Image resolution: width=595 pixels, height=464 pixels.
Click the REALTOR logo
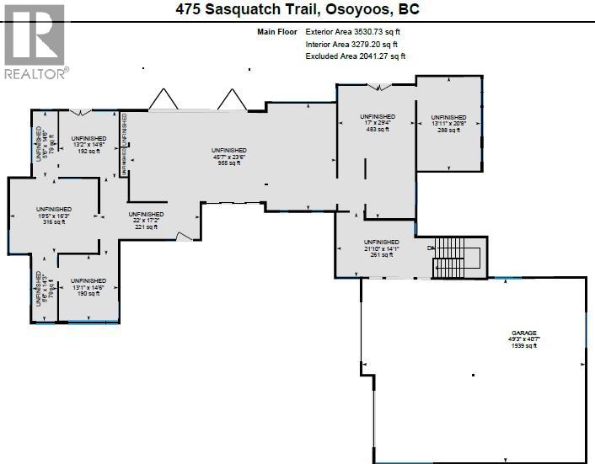tap(35, 41)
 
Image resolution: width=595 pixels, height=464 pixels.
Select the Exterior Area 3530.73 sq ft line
tap(355, 31)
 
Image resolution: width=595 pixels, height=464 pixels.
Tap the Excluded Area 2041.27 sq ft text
tap(355, 56)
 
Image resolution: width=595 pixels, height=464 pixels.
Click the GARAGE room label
tap(523, 333)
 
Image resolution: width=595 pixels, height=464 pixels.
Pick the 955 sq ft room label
tap(228, 163)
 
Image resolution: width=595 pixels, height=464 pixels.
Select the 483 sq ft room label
tap(377, 129)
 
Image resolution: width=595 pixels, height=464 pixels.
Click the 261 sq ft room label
tap(381, 254)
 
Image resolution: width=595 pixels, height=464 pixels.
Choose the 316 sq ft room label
tap(53, 221)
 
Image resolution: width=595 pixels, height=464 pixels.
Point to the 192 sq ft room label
tap(88, 151)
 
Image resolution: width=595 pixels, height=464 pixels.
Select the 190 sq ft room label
tap(88, 294)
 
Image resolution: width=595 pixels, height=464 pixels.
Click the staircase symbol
tap(459, 259)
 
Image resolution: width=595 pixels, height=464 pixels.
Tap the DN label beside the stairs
tap(431, 248)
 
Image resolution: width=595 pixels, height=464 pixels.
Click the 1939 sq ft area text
tap(523, 346)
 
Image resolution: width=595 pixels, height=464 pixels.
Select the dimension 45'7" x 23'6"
tap(228, 156)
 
